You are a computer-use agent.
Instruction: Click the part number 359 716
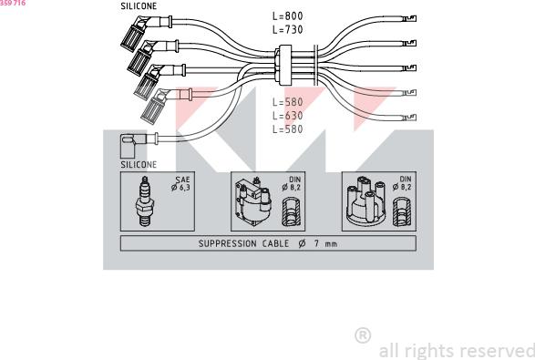13,5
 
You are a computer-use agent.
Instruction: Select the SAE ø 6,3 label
181,185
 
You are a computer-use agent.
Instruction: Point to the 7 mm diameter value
325,243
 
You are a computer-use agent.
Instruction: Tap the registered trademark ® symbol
362,335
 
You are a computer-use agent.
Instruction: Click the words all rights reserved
456,350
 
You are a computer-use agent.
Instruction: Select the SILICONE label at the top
139,5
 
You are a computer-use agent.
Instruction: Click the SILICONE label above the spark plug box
139,165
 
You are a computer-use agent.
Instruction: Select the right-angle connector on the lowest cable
130,140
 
